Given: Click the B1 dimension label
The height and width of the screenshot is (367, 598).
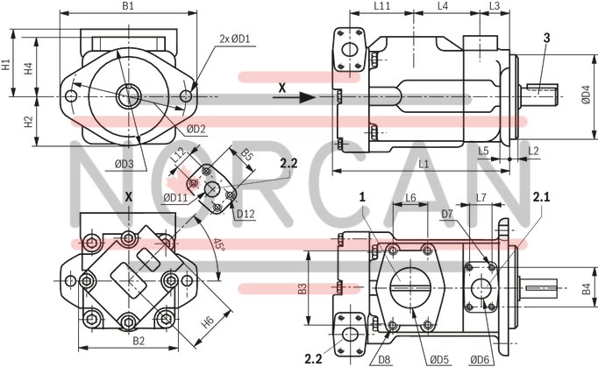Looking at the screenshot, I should [128, 6].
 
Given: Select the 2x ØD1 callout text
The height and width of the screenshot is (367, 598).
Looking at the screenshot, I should [234, 39].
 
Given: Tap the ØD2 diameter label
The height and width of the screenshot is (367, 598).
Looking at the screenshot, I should [196, 129].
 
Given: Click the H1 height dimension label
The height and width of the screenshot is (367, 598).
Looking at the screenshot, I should [6, 65].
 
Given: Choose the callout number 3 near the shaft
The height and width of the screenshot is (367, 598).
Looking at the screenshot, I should [546, 37].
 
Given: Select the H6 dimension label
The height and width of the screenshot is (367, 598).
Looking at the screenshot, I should [209, 321].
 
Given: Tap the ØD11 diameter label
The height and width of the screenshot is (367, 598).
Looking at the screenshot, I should [175, 197].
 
